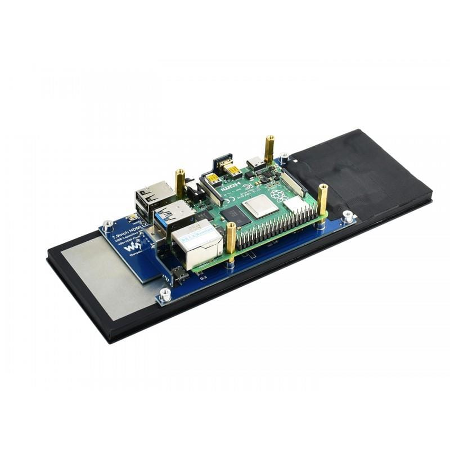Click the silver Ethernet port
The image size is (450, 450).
[197, 243]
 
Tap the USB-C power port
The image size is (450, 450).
[256, 164]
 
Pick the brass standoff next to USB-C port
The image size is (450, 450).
[269, 148]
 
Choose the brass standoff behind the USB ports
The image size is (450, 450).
[180, 182]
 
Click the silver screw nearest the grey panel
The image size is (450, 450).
[165, 294]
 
